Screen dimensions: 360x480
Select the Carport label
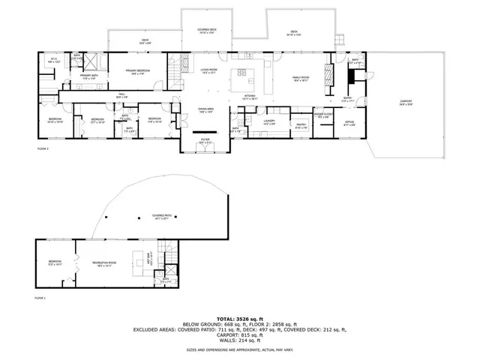[x=406, y=103]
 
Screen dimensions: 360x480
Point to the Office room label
[x=349, y=123]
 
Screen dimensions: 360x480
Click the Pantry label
[x=301, y=126]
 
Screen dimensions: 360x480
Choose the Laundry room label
[x=268, y=122]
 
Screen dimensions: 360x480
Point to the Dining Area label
[x=206, y=110]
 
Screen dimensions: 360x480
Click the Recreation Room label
[x=102, y=263]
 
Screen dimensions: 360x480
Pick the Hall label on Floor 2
[x=121, y=95]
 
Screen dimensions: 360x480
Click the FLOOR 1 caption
[x=40, y=298]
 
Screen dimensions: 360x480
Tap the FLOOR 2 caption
[x=43, y=149]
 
